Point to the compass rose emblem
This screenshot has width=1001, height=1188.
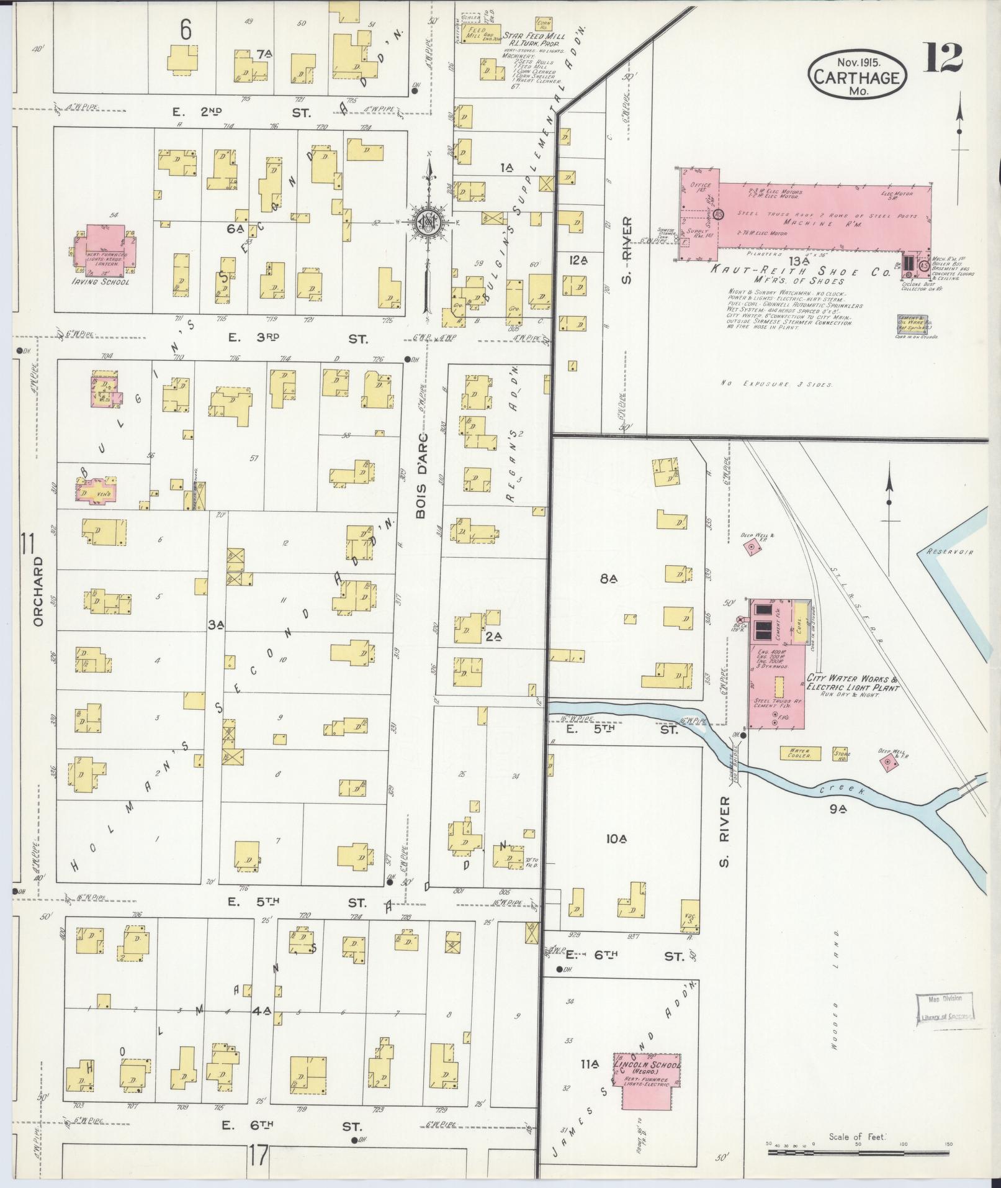pos(429,222)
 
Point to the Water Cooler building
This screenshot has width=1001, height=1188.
pos(801,753)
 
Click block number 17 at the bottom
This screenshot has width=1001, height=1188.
pos(259,1156)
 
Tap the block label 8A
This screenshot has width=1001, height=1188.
pos(608,579)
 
